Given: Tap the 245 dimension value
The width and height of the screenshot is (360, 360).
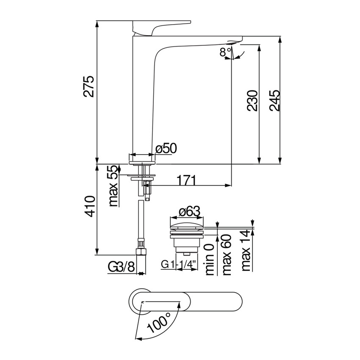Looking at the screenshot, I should tap(274, 100).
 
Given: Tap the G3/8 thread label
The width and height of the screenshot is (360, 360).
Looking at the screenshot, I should tap(121, 267).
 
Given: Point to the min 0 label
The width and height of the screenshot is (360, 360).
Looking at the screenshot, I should tap(210, 260).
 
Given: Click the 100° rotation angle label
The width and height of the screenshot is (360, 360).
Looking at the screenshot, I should tap(159, 324).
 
